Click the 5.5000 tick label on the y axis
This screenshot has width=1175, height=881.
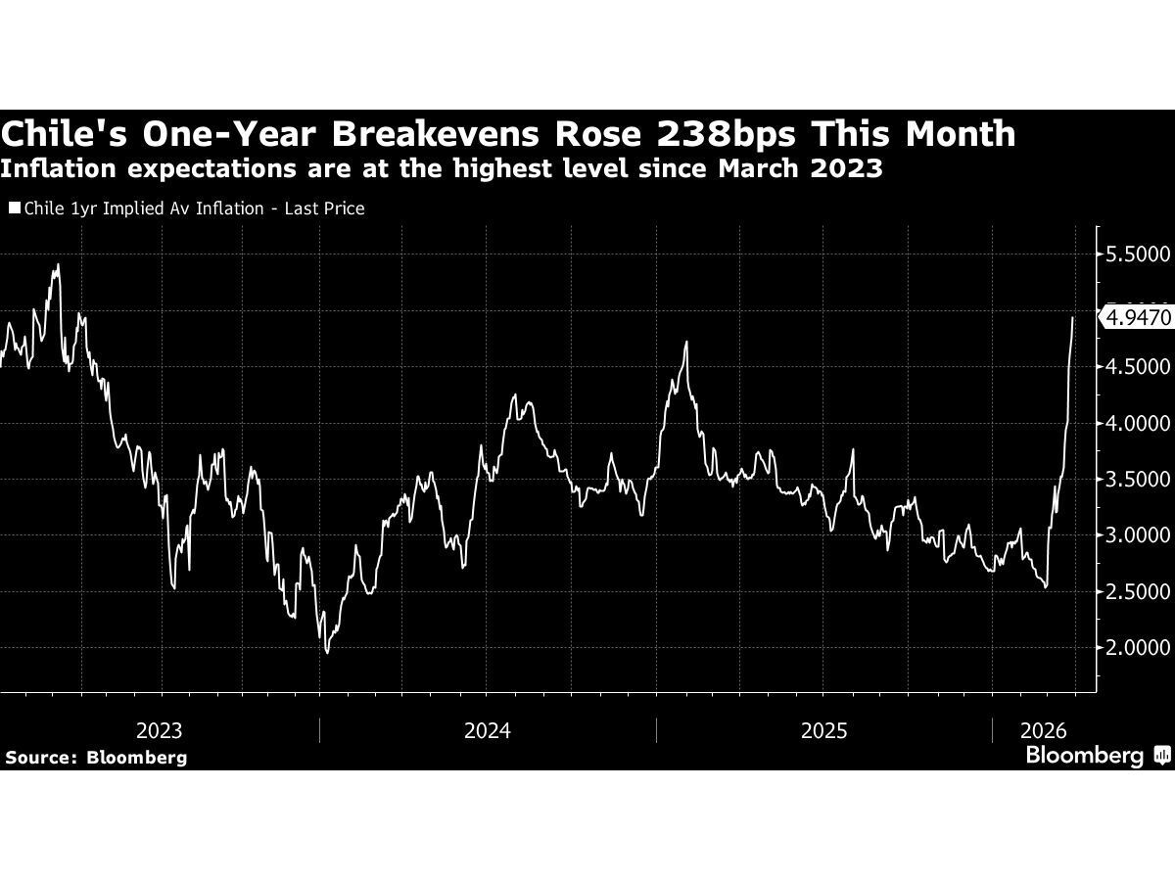click(x=1136, y=255)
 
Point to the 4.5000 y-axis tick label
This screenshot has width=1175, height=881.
click(x=1136, y=367)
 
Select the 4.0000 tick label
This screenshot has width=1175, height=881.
click(x=1136, y=424)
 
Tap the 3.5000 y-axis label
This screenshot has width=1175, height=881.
click(x=1136, y=480)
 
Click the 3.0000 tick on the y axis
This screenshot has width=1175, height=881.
click(x=1136, y=535)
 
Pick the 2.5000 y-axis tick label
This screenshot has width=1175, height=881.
click(x=1136, y=592)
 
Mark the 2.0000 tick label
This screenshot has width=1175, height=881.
click(x=1136, y=648)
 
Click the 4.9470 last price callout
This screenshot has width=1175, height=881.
click(x=1138, y=318)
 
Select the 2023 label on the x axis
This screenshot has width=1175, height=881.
click(x=159, y=730)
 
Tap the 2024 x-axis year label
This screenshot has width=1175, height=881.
click(x=488, y=730)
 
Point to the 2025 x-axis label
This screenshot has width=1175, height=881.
click(x=823, y=730)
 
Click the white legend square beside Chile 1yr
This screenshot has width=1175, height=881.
click(x=14, y=209)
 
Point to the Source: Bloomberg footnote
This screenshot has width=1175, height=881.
click(x=96, y=757)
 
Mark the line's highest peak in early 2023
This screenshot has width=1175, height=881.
click(x=58, y=264)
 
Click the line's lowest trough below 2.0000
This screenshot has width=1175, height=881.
click(x=326, y=653)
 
